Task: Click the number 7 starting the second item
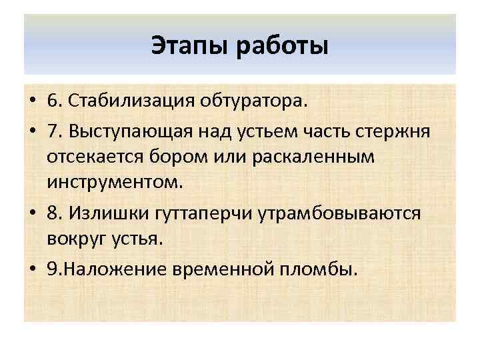pos(53,131)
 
